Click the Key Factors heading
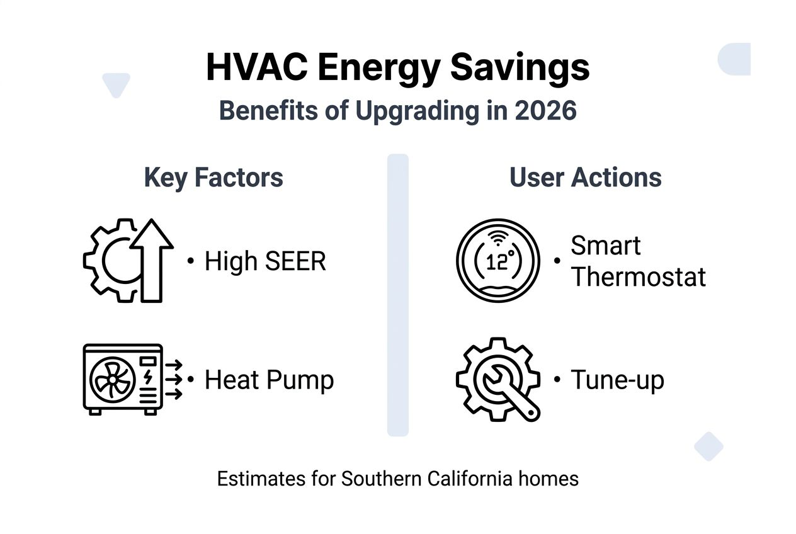pos(213,178)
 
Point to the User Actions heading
pos(585,178)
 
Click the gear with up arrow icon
pos(128,260)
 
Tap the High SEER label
pos(265,261)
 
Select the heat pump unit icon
pos(123,378)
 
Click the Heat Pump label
pos(269,380)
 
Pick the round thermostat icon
pos(497,261)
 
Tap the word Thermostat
pos(638,277)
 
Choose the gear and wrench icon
pos(497,379)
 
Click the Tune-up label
pos(617,380)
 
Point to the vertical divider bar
pos(397,295)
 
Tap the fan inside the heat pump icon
pos(111,380)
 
